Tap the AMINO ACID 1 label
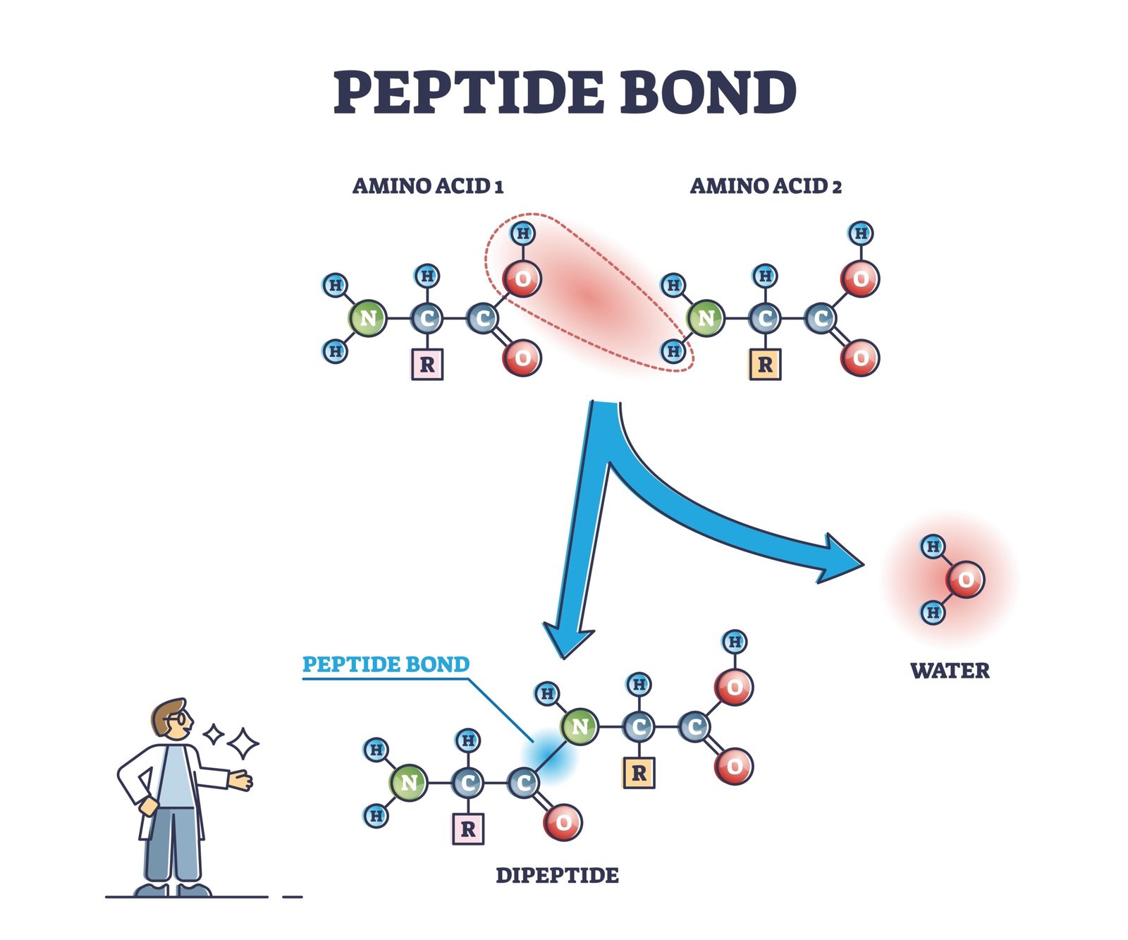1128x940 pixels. [427, 186]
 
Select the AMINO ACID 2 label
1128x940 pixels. [765, 186]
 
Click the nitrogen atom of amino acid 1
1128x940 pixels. [367, 319]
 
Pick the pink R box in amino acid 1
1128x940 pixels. [427, 365]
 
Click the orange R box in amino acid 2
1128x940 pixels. [765, 365]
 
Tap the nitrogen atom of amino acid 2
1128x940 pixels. [706, 319]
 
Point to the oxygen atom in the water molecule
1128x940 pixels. [965, 580]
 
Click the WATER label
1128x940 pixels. [950, 671]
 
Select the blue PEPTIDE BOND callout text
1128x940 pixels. [386, 664]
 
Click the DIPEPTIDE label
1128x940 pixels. [557, 875]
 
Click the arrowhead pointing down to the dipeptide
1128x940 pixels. [566, 638]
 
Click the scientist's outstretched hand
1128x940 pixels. [241, 780]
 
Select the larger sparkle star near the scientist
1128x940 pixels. [243, 743]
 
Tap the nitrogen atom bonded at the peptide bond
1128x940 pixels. [580, 726]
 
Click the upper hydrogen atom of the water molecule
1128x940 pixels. [933, 546]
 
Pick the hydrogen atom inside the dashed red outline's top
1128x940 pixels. [522, 233]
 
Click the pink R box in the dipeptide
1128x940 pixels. [468, 829]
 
